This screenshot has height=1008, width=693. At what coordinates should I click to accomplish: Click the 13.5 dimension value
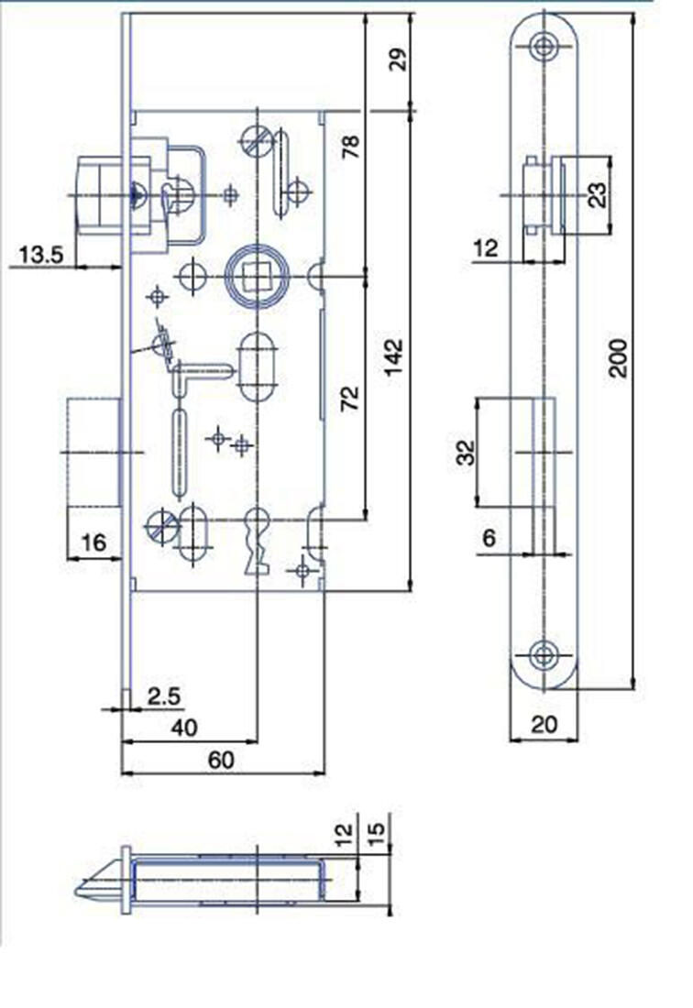pos(40,254)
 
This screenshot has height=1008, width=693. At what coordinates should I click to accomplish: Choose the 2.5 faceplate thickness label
pos(163,696)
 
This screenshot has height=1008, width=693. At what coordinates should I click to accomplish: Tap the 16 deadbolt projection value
pos(93,542)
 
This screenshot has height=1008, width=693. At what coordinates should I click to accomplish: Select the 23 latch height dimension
pos(597,194)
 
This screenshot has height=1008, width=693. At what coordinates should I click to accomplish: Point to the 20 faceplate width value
pos(544,724)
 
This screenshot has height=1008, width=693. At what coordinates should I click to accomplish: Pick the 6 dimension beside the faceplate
pos(489,538)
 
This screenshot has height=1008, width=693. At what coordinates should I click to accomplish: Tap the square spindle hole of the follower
pos(253,273)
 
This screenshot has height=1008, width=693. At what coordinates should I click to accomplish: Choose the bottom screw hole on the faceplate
pos(544,653)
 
